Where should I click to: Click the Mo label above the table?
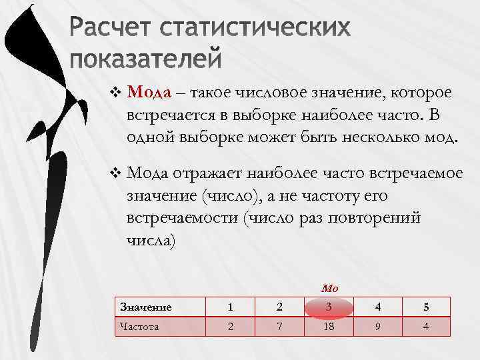[x=329, y=289]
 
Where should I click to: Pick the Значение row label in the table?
[x=145, y=307]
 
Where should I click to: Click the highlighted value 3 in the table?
[x=329, y=307]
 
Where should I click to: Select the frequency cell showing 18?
[x=329, y=327]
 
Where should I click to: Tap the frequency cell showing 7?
[x=280, y=327]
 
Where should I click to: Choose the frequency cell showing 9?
[x=379, y=327]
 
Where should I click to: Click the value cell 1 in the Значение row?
[x=230, y=307]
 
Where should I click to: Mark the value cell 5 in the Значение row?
[x=425, y=307]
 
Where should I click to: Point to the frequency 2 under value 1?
[x=230, y=327]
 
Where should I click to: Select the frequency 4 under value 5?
[x=425, y=327]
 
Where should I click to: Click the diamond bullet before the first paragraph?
[x=117, y=92]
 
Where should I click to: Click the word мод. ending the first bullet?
[x=441, y=138]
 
